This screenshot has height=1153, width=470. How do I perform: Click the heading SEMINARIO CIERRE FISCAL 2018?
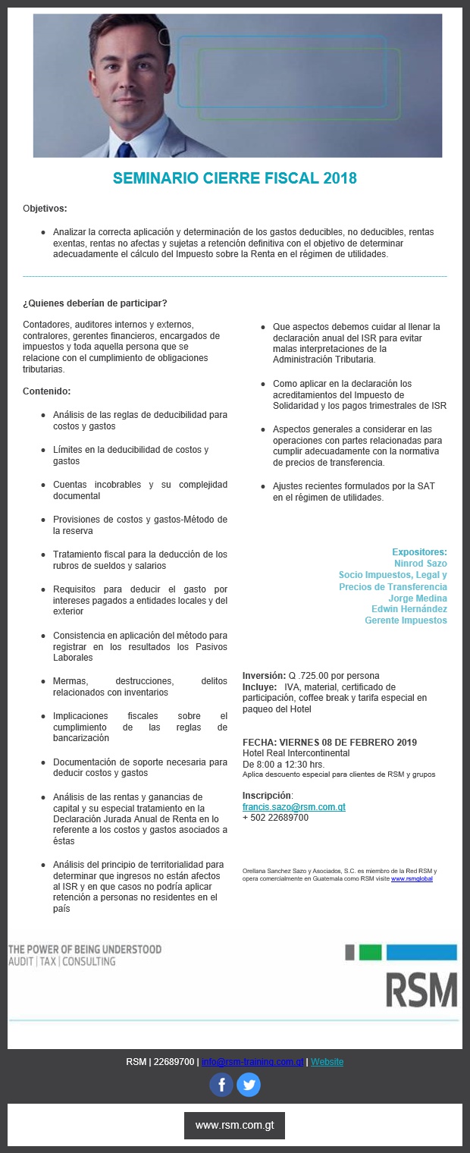[234, 178]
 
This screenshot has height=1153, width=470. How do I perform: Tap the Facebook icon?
[221, 1084]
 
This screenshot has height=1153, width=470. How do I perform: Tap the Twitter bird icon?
[249, 1084]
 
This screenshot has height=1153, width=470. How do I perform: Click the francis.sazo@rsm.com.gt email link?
[293, 807]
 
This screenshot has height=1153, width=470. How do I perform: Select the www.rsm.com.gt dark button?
[234, 1126]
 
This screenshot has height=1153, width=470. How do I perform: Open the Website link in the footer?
[327, 1061]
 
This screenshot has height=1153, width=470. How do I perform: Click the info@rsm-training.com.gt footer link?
[252, 1061]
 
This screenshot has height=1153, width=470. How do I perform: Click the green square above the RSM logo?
[370, 953]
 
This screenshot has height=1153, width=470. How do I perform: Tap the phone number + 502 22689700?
[275, 818]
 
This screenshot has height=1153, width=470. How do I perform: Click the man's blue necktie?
[124, 148]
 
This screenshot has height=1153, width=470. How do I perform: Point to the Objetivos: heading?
[45, 208]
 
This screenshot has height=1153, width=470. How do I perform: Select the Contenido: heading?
[46, 391]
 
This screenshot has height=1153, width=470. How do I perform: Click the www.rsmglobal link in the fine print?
[412, 878]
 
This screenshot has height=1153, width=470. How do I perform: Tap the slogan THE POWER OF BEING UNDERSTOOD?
[85, 949]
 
